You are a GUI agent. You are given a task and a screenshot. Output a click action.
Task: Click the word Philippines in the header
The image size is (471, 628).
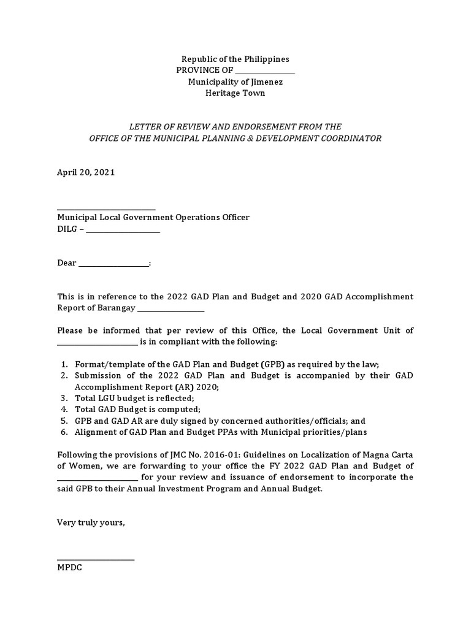pyautogui.click(x=266, y=59)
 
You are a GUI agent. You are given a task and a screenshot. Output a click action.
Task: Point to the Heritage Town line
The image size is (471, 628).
pyautogui.click(x=235, y=93)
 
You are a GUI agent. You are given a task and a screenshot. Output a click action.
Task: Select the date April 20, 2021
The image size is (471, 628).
pyautogui.click(x=86, y=172)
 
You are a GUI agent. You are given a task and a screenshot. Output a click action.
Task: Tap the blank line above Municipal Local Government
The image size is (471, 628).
pyautogui.click(x=106, y=209)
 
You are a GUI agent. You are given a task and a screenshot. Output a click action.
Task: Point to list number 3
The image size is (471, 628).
pyautogui.click(x=64, y=398)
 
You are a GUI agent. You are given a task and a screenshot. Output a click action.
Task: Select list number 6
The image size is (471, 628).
pyautogui.click(x=64, y=432)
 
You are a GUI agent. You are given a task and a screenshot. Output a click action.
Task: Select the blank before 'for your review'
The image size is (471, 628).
pyautogui.click(x=98, y=477)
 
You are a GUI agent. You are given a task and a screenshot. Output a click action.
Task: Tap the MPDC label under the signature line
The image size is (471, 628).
pyautogui.click(x=69, y=567)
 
